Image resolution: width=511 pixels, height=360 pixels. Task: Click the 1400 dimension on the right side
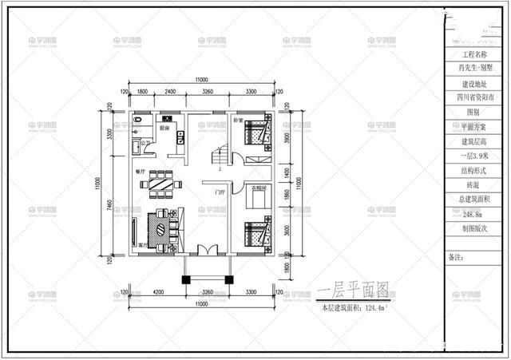coord(287,171)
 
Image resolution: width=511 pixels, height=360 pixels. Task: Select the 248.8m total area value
coord(473,213)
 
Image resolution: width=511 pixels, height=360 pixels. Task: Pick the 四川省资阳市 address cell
coord(473,98)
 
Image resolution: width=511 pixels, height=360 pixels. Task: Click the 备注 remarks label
coord(456,257)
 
